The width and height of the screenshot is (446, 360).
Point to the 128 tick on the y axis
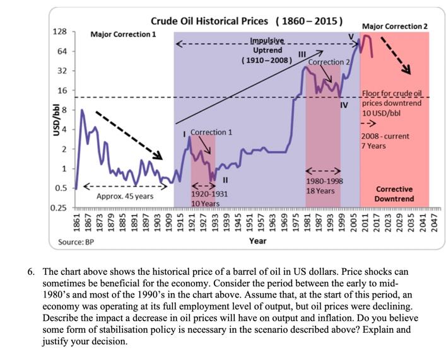point(59,32)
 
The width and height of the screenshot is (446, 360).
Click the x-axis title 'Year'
point(257,241)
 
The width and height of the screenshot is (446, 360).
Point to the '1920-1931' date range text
point(205,195)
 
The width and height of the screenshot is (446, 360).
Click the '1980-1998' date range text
point(324,181)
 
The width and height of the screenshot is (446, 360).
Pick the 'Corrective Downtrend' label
point(394,194)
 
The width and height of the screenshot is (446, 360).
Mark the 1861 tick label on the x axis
point(76,223)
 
